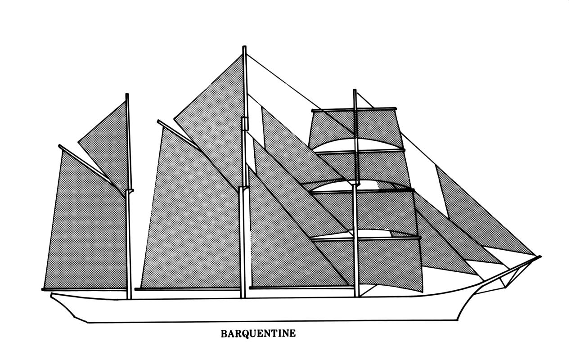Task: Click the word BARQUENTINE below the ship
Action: pos(258,334)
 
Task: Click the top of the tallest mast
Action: pos(244,47)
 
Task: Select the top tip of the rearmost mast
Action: pos(127,95)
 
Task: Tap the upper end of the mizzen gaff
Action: pos(60,146)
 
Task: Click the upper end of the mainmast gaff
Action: pos(159,121)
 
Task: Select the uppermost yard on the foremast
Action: pos(353,109)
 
